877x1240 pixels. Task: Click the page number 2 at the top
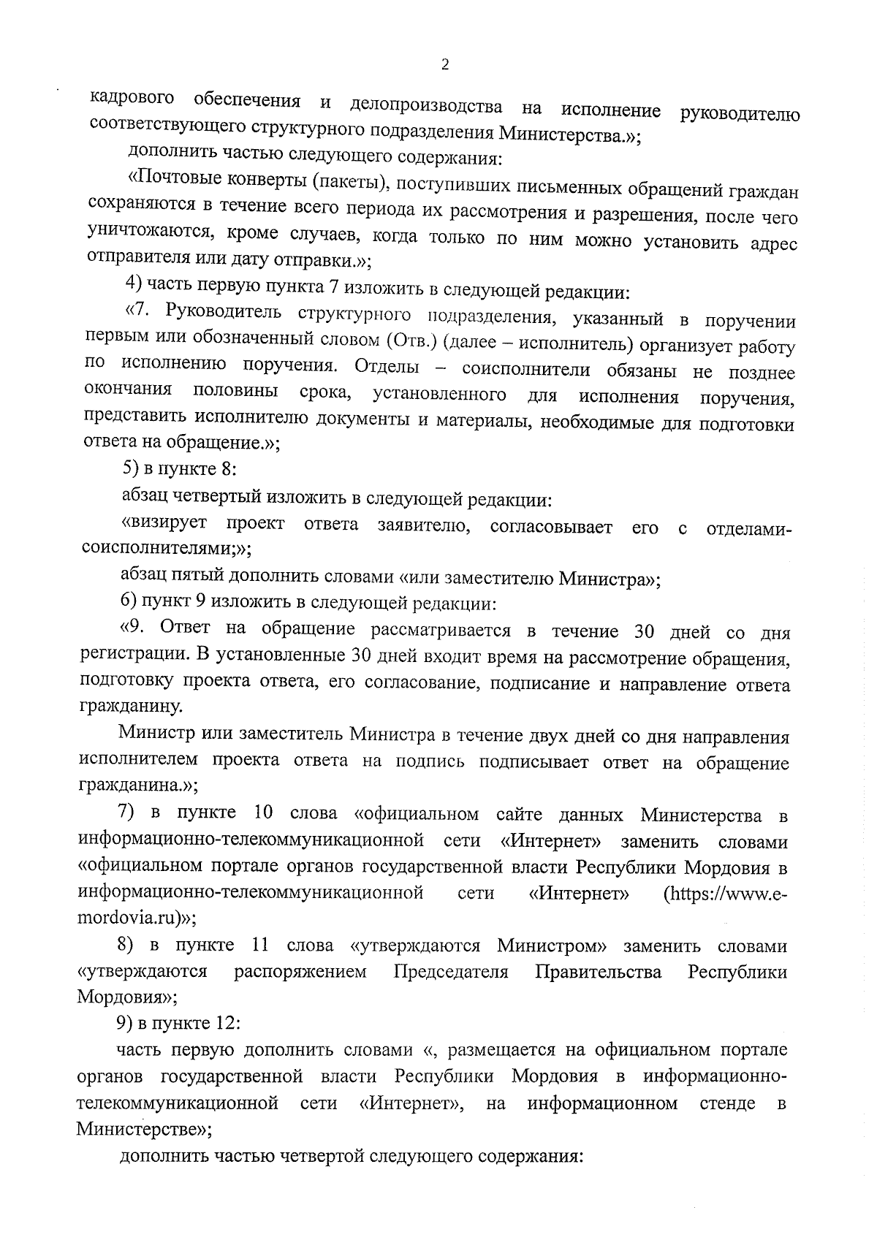445,65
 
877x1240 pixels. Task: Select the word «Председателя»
450,972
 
